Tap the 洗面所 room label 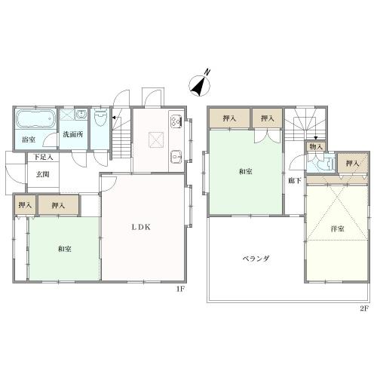click(73, 134)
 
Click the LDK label click(141, 227)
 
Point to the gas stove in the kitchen click(176, 121)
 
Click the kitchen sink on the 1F click(176, 157)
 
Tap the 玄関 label click(42, 174)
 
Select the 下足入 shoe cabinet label click(43, 158)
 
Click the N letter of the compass click(207, 72)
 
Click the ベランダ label click(256, 259)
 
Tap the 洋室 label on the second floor click(338, 229)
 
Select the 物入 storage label click(316, 147)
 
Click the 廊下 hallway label click(295, 180)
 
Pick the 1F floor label click(180, 290)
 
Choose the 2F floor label click(364, 308)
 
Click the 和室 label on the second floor click(246, 172)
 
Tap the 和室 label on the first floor click(65, 249)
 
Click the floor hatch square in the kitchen click(156, 139)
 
